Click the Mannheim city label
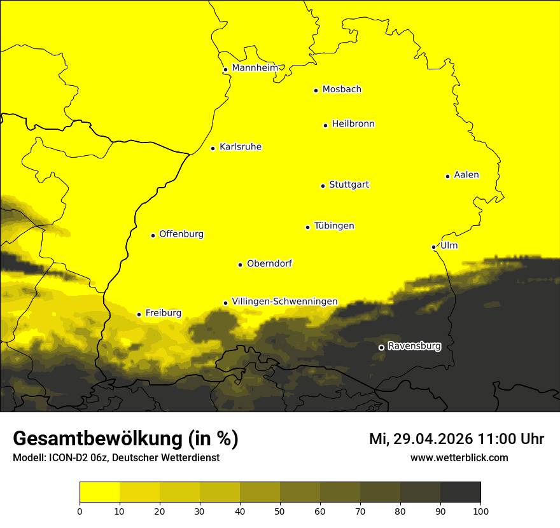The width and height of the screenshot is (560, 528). tap(255, 68)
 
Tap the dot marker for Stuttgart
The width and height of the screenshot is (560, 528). tap(323, 186)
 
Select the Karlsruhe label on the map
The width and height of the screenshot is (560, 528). tap(240, 147)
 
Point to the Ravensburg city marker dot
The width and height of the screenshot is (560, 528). tap(381, 347)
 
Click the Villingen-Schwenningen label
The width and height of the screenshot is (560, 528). tap(284, 302)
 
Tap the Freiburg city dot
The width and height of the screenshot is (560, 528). tap(139, 314)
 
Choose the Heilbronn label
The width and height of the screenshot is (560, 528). tap(353, 124)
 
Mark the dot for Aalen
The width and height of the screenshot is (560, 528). tap(447, 176)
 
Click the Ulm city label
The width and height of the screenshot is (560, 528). tap(449, 246)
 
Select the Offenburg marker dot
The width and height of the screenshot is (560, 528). tap(153, 235)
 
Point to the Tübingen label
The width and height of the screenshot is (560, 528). tap(334, 226)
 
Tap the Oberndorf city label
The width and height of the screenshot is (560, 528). tap(269, 263)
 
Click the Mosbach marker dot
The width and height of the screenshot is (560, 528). tap(316, 90)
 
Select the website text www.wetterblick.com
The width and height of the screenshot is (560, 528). tap(459, 457)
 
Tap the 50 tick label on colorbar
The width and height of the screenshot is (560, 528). tap(280, 510)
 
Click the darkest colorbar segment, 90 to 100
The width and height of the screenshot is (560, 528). tap(460, 492)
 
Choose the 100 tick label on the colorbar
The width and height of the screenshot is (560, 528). tap(480, 510)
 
